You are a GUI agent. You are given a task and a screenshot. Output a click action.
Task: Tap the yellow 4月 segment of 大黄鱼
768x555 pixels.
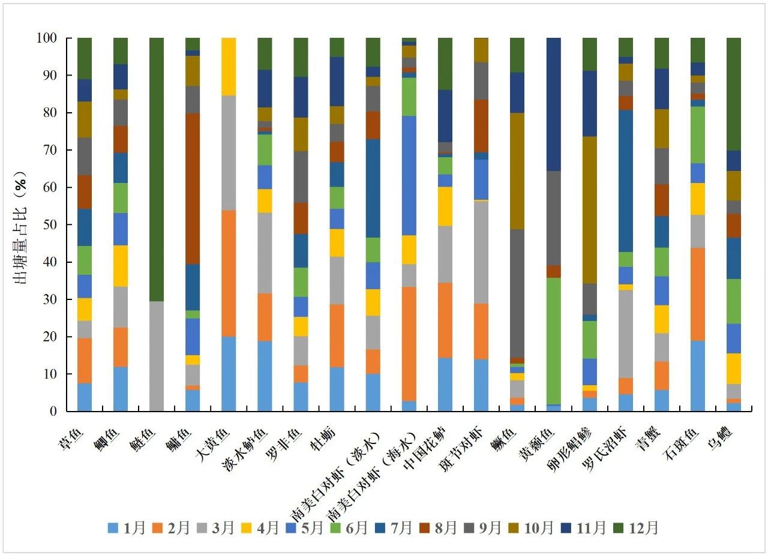tap(229, 66)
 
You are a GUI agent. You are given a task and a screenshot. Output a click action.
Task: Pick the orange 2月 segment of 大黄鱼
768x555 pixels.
tap(229, 273)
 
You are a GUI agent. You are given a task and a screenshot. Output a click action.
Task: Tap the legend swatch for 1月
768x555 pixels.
tap(112, 528)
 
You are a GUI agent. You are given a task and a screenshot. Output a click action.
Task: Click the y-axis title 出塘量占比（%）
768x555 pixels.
tap(25, 224)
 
